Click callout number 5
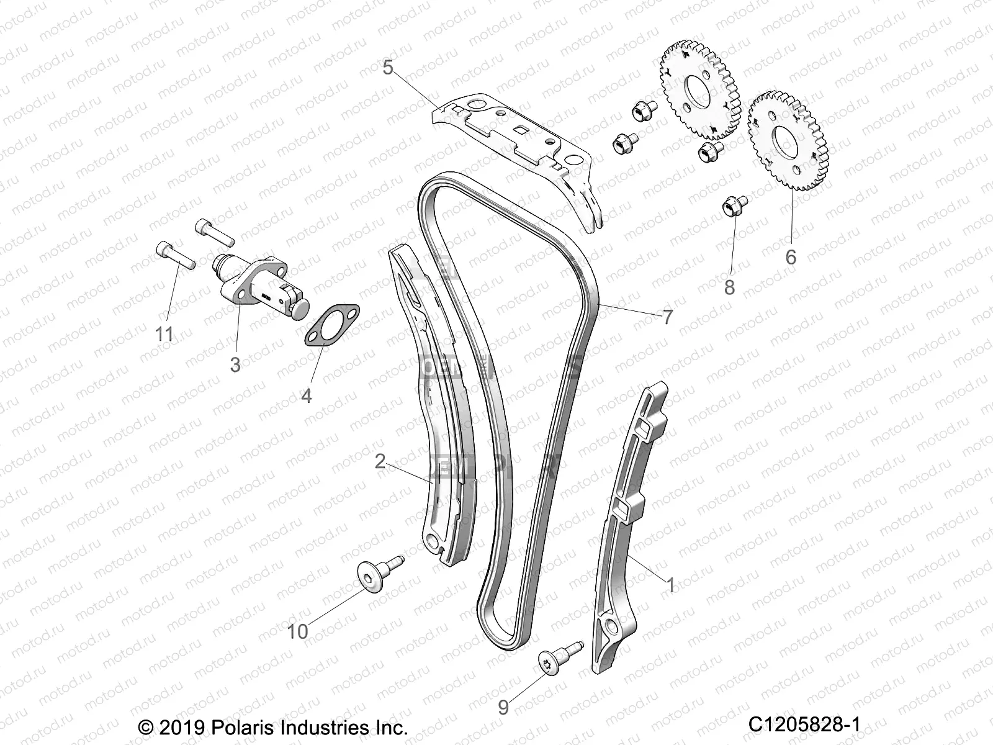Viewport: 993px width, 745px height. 388,67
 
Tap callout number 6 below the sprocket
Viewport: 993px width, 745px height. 791,256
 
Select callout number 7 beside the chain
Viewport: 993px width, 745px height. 667,317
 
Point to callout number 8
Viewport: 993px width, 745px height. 729,287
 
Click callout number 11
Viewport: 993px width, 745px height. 164,334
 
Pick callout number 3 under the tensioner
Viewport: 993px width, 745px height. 235,364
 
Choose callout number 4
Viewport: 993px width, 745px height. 306,395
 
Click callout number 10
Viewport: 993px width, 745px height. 298,631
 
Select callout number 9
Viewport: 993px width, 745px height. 503,707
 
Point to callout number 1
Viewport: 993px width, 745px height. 670,584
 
